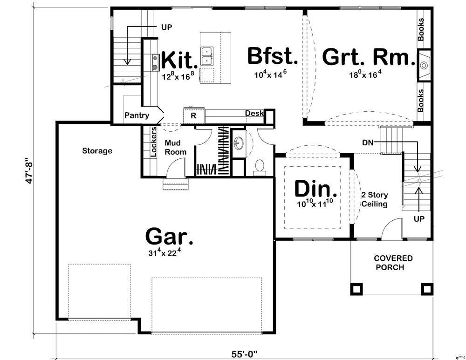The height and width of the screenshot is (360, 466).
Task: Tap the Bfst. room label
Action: pyautogui.click(x=272, y=56)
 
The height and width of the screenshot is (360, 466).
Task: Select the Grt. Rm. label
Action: pyautogui.click(x=368, y=58)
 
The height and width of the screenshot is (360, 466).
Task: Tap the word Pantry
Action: pyautogui.click(x=137, y=115)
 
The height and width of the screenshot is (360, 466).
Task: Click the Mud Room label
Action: pyautogui.click(x=176, y=148)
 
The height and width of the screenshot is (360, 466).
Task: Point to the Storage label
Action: pyautogui.click(x=97, y=150)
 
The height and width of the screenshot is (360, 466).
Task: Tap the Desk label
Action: pyautogui.click(x=254, y=113)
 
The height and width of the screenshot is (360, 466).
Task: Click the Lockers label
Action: pyautogui.click(x=153, y=142)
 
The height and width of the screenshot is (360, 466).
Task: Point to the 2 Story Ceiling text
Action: pyautogui.click(x=375, y=199)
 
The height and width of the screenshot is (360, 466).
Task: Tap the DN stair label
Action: pyautogui.click(x=368, y=143)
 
